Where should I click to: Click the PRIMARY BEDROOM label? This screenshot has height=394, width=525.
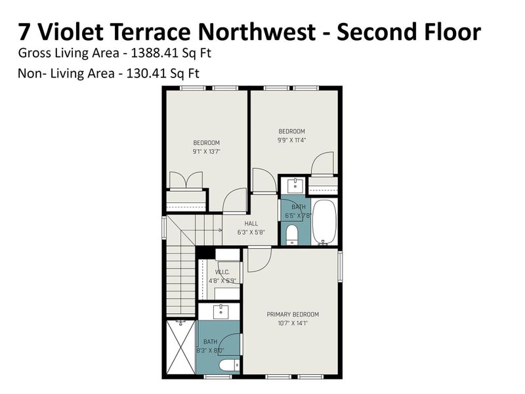[293, 314]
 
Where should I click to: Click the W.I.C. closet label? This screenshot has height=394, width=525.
[222, 272]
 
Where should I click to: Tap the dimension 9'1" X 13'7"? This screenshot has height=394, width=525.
[206, 151]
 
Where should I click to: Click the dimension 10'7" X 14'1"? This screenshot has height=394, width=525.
[293, 322]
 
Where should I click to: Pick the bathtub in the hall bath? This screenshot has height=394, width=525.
[324, 222]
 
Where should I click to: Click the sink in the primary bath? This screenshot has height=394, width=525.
[220, 310]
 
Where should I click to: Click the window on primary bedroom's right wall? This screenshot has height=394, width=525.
[341, 267]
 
